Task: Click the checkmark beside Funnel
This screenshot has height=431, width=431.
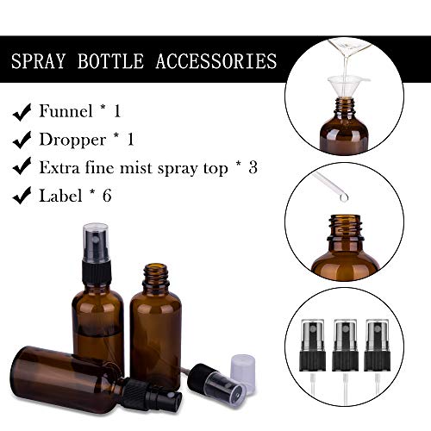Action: pyautogui.click(x=22, y=111)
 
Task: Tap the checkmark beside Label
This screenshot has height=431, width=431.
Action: pyautogui.click(x=22, y=197)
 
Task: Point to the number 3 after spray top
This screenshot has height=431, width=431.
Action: pyautogui.click(x=252, y=168)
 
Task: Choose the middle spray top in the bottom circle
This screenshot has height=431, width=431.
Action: pyautogui.click(x=344, y=345)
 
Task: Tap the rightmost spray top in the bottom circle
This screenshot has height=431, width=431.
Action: pyautogui.click(x=377, y=345)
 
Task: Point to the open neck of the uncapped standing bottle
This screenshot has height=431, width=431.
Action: pyautogui.click(x=155, y=274)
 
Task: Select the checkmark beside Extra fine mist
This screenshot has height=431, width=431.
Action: pyautogui.click(x=22, y=168)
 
